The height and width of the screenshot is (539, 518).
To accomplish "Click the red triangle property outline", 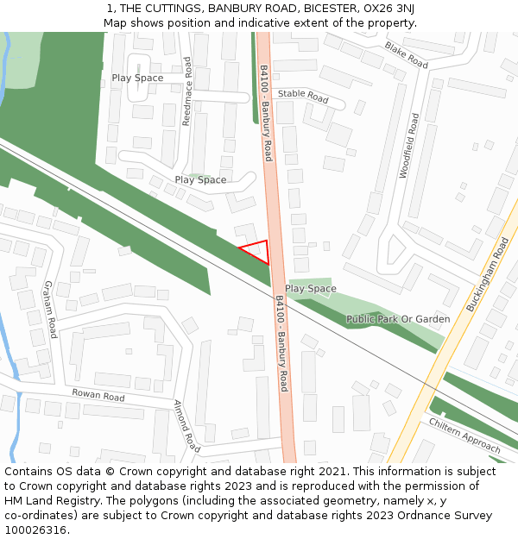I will click(x=258, y=251).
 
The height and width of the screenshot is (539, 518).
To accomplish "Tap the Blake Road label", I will click(x=407, y=55).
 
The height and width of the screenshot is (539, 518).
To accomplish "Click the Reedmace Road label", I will click(x=186, y=91).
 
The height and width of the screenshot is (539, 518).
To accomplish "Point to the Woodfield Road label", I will click(x=408, y=145).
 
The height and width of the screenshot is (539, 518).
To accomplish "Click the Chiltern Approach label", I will click(x=464, y=436).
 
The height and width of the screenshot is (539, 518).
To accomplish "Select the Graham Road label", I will click(x=49, y=309).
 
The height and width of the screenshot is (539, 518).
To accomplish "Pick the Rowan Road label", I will click(x=98, y=397).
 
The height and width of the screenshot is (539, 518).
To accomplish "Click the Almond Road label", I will click(x=187, y=426).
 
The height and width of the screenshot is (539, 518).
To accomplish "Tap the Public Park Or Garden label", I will click(x=398, y=319).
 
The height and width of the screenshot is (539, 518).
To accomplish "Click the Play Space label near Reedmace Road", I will click(x=137, y=78).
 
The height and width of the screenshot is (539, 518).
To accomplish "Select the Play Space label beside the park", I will click(x=311, y=289).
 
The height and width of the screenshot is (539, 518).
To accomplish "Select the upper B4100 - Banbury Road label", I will click(x=266, y=113).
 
